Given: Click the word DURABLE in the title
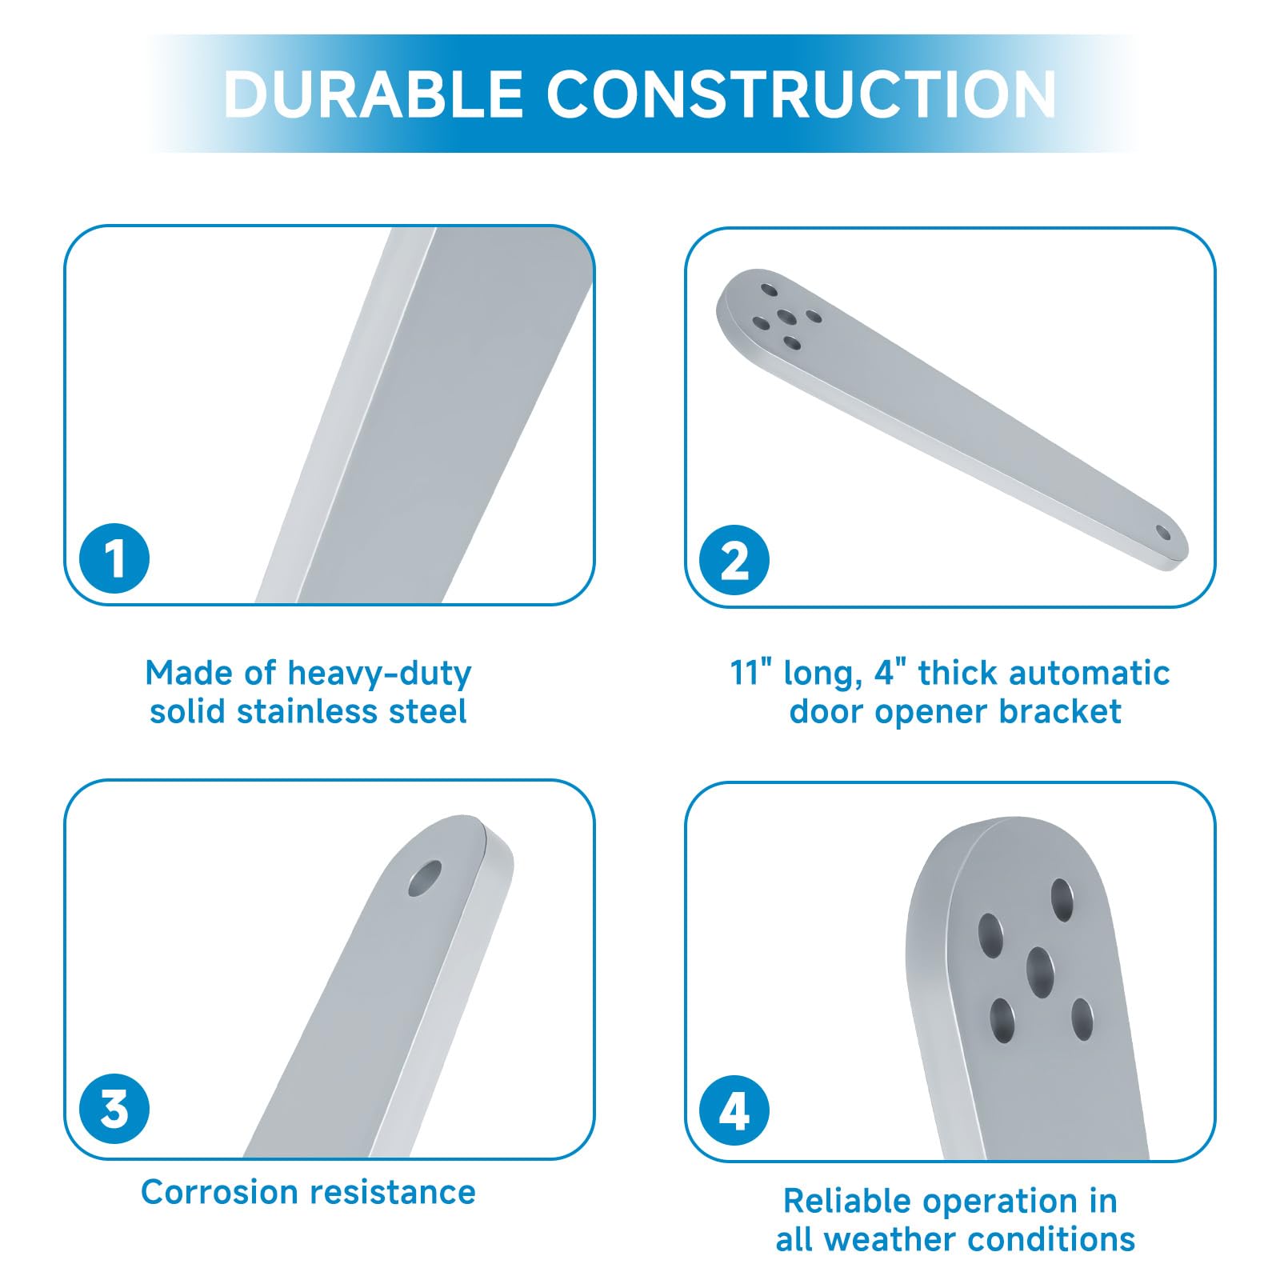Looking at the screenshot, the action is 373,94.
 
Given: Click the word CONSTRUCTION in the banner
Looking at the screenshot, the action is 802,94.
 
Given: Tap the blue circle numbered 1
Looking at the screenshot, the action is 114,558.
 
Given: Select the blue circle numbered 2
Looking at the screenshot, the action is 734,560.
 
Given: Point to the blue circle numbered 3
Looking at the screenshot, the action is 114,1109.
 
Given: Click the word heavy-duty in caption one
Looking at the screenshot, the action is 379,674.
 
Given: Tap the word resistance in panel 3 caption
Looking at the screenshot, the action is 393,1192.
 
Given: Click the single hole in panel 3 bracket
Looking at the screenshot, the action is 425,878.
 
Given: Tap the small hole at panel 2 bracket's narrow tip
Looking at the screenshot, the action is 1162,533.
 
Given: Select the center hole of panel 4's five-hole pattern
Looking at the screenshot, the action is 1040,972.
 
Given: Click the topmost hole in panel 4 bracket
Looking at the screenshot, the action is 1062,900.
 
